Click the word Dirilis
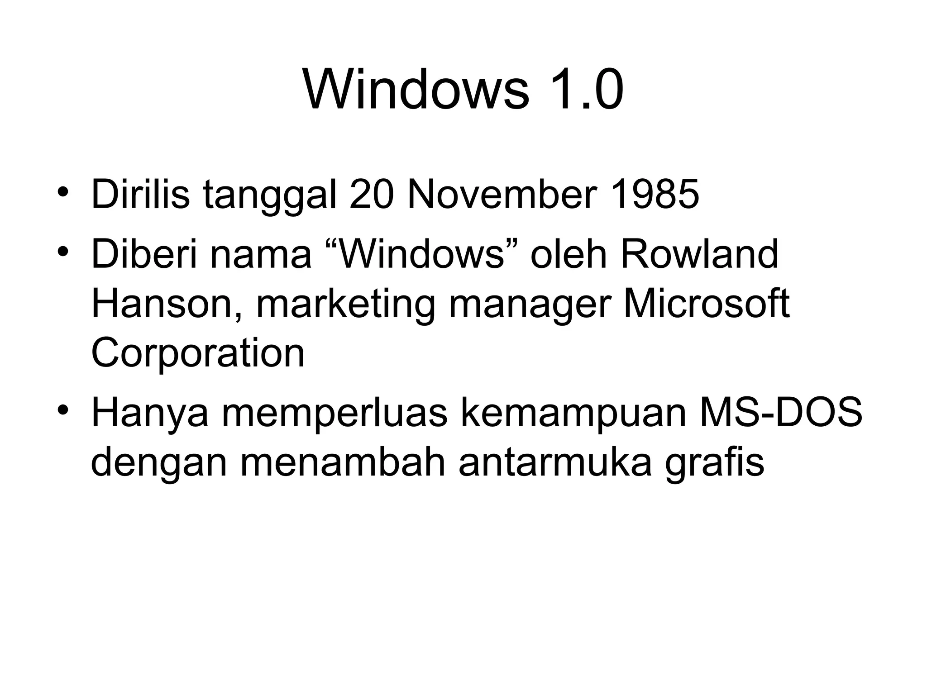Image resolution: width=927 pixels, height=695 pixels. [x=140, y=195]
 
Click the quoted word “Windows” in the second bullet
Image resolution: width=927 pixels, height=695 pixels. [x=422, y=254]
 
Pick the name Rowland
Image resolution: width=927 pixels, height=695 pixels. [x=699, y=254]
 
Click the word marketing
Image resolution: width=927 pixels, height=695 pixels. [x=345, y=306]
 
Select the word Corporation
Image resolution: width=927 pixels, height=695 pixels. [x=198, y=355]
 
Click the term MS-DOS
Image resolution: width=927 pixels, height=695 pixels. [x=781, y=414]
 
